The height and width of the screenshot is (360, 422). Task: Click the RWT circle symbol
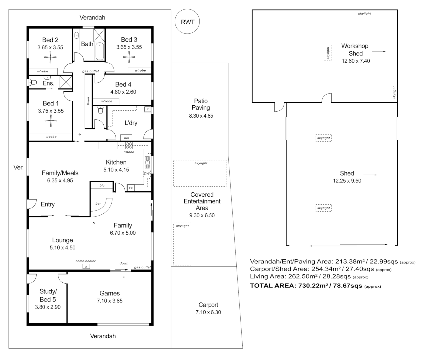coord(187,22)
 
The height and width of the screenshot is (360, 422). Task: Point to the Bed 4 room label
coord(123,84)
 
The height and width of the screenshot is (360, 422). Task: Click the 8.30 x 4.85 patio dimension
coord(201,116)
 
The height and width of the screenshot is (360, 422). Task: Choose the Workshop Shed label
coord(355,50)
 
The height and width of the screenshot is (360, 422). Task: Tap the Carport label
coord(208,305)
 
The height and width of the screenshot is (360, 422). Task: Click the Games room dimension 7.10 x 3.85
coord(109,301)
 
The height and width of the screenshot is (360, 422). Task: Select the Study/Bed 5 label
coord(48,295)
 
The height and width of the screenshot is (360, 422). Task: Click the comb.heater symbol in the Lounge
coord(86,266)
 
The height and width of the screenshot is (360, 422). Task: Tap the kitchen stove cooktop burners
coord(129,145)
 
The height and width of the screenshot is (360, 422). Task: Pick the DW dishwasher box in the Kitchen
coord(147,173)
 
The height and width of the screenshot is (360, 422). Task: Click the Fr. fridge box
coord(131,188)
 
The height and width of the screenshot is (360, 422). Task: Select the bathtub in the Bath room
coord(100,51)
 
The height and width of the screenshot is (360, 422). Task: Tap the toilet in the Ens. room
coord(32,82)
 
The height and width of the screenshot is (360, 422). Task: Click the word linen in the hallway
coord(88,100)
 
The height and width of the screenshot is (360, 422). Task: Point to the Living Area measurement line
coord(309,276)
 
